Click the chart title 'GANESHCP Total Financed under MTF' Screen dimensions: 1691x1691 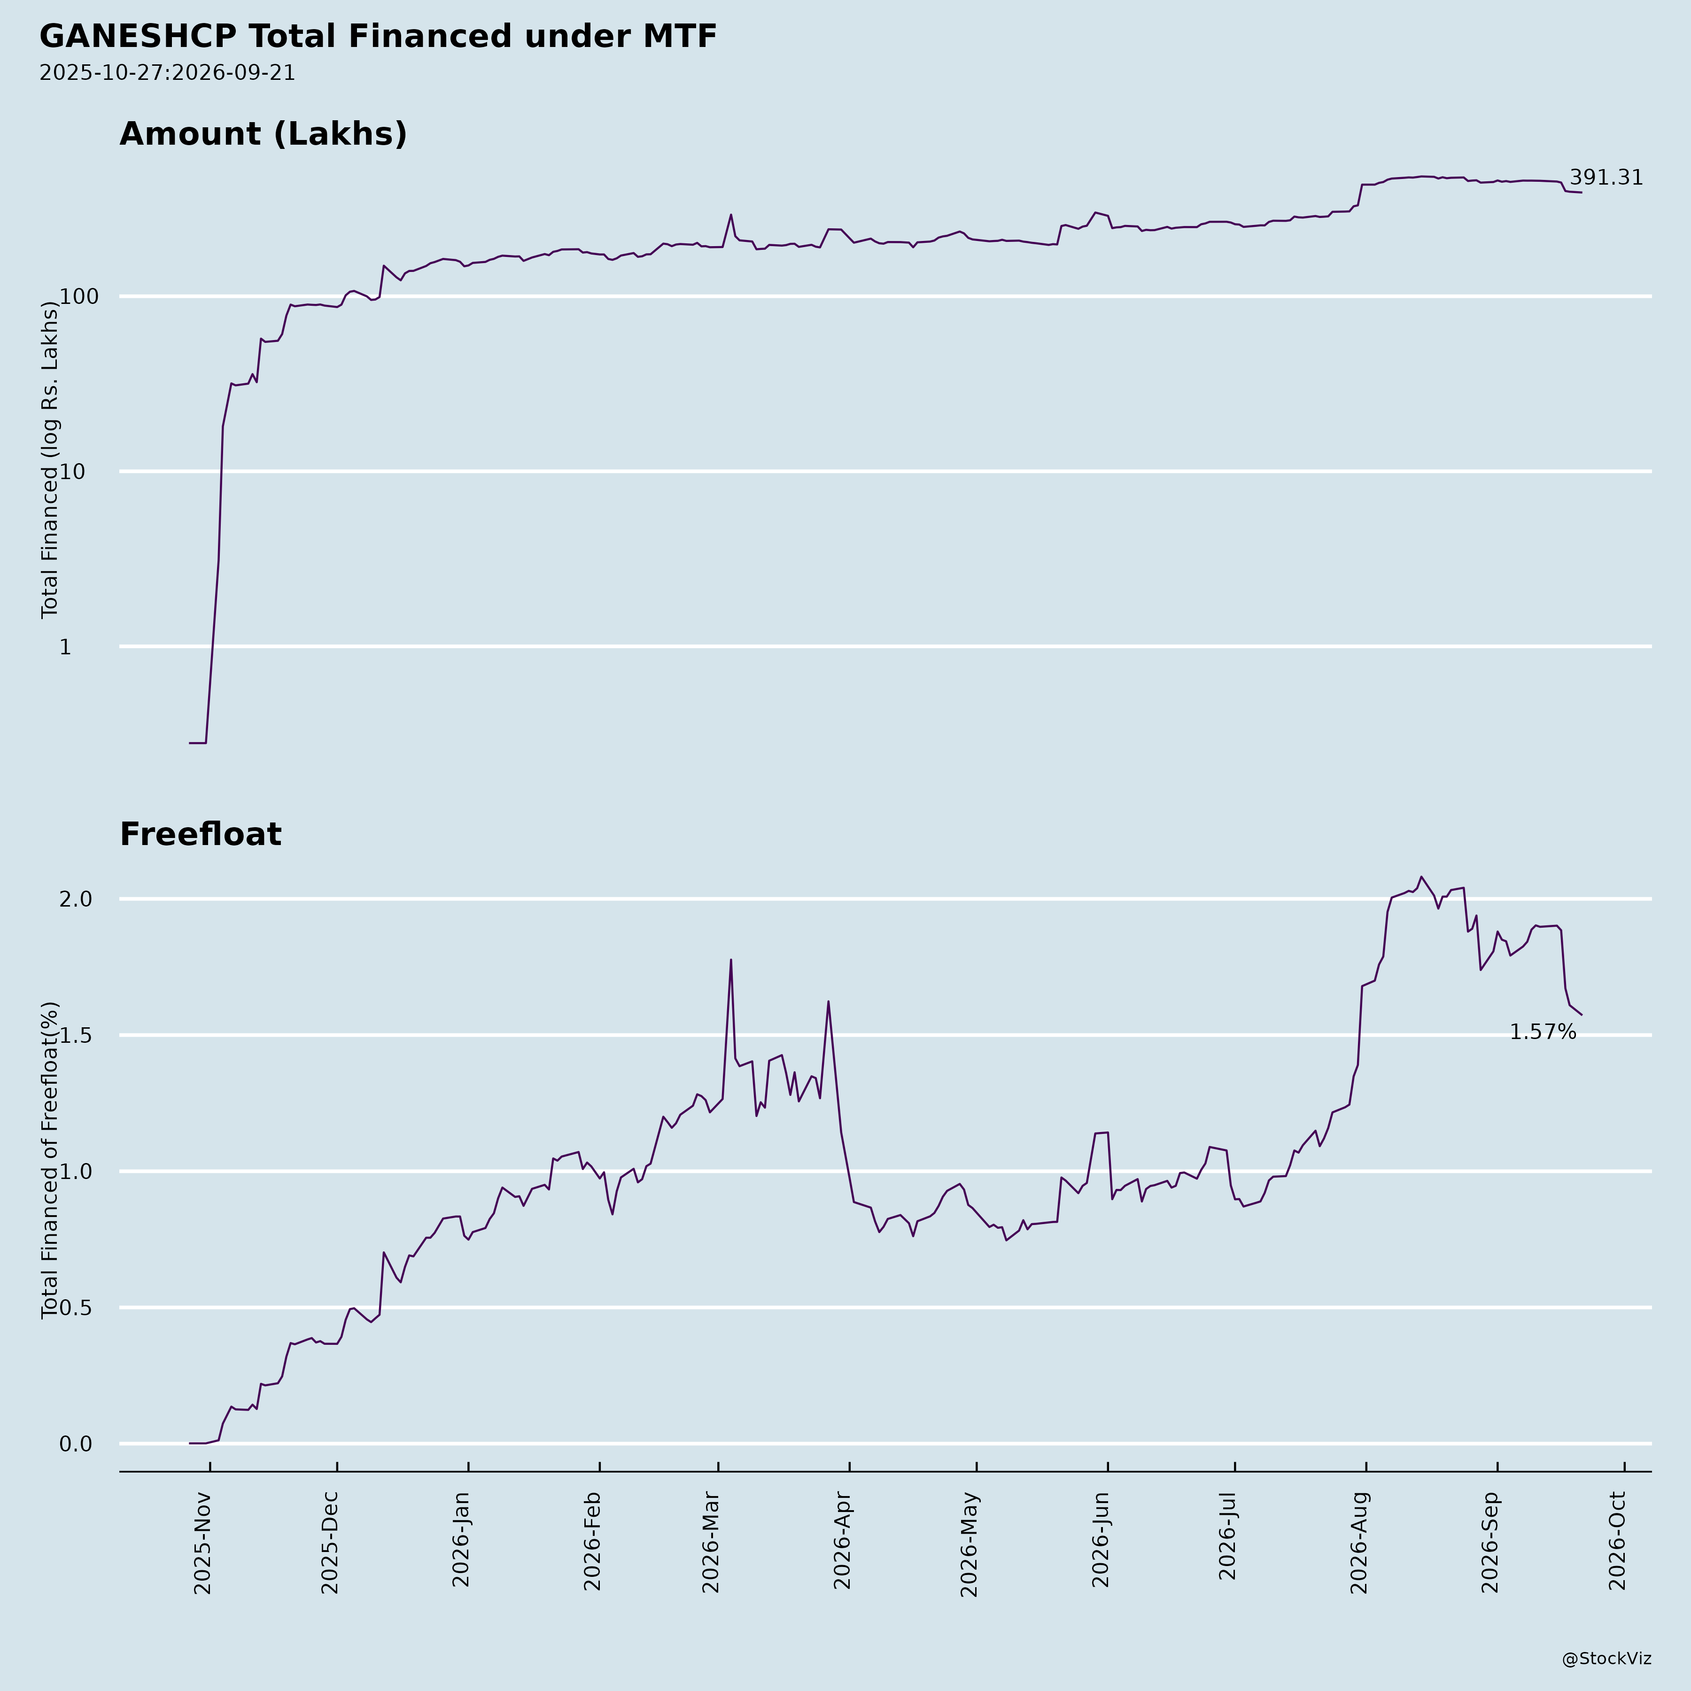pyautogui.click(x=378, y=37)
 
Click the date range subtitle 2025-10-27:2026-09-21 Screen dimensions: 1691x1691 pyautogui.click(x=167, y=73)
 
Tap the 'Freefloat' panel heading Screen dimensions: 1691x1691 pyautogui.click(x=201, y=834)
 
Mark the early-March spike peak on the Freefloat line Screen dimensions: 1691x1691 pyautogui.click(x=731, y=959)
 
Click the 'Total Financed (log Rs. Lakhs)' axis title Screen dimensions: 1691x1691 pyautogui.click(x=50, y=459)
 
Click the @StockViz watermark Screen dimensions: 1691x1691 pyautogui.click(x=1607, y=1659)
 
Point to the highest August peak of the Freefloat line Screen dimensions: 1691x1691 pyautogui.click(x=1421, y=876)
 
